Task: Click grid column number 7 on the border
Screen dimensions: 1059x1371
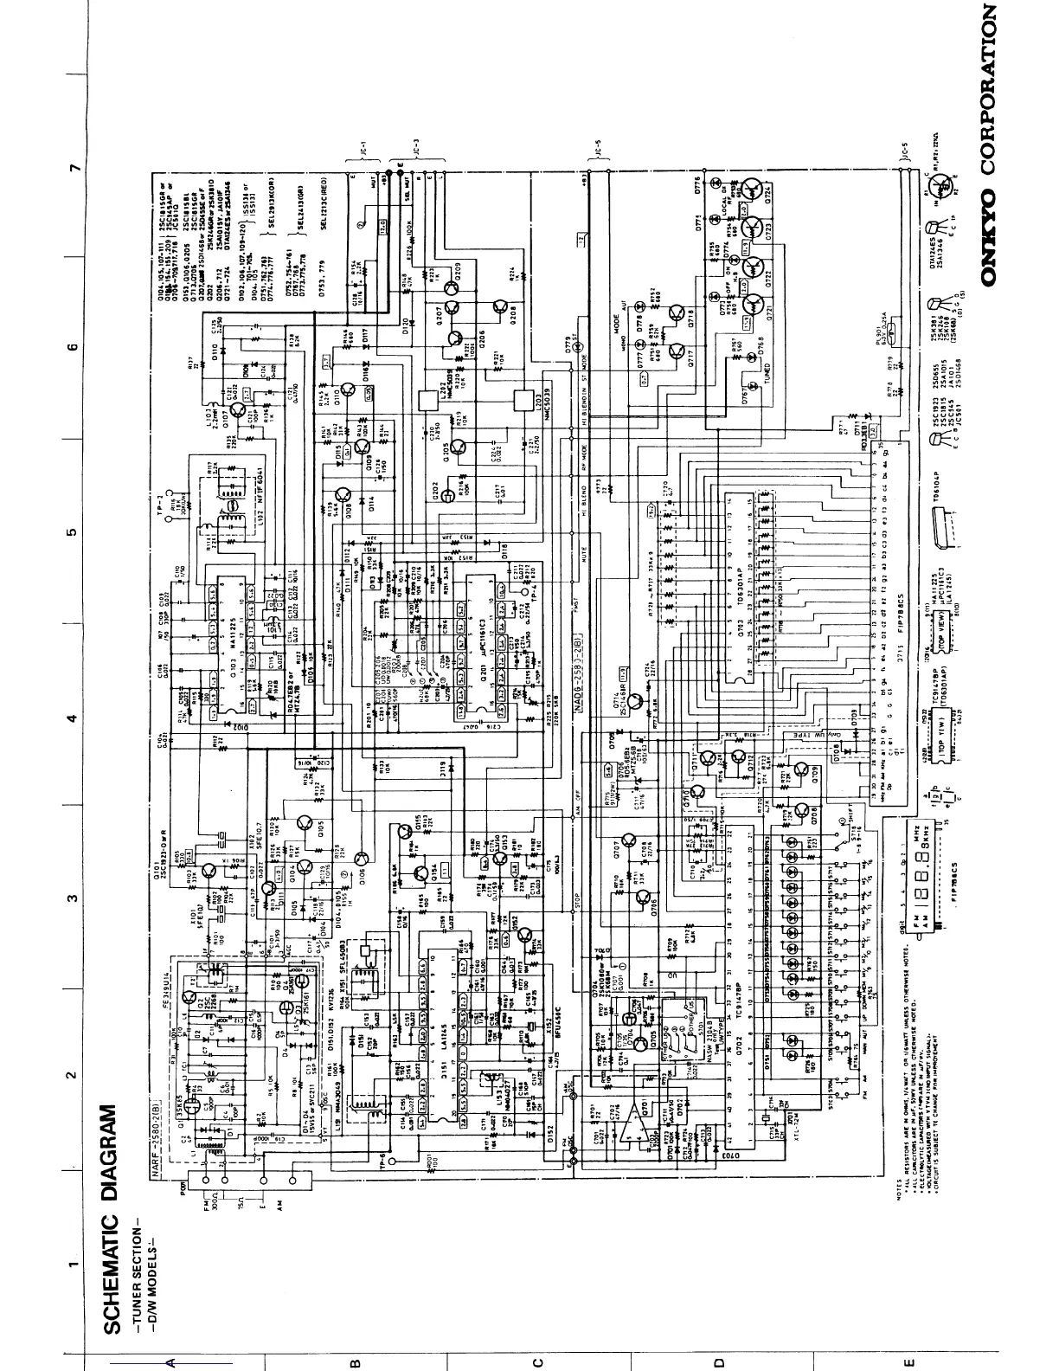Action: [75, 164]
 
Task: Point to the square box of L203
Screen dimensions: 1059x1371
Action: [522, 400]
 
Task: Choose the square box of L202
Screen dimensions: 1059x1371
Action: [428, 400]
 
